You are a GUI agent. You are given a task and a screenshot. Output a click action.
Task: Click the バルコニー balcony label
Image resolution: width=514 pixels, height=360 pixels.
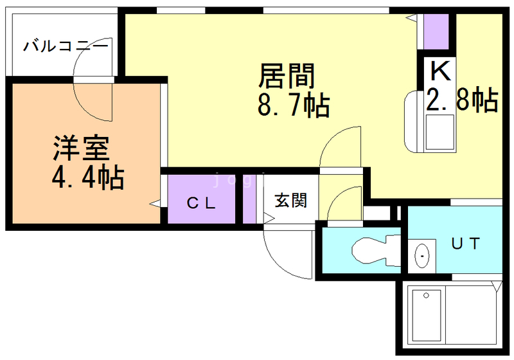pyautogui.click(x=66, y=46)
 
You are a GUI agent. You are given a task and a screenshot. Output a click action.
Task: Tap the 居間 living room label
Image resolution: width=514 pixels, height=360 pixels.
pyautogui.click(x=286, y=76)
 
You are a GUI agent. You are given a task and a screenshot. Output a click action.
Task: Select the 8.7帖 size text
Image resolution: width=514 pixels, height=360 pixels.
pyautogui.click(x=293, y=105)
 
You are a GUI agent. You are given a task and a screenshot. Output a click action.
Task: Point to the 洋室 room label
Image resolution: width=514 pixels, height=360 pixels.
pyautogui.click(x=81, y=148)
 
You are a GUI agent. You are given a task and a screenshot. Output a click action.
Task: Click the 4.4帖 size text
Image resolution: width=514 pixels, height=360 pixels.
pyautogui.click(x=87, y=177)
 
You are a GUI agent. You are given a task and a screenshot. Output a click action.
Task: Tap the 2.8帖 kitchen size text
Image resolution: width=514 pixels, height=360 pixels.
pyautogui.click(x=462, y=100)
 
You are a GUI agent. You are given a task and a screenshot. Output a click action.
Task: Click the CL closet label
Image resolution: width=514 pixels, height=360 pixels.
pyautogui.click(x=201, y=203)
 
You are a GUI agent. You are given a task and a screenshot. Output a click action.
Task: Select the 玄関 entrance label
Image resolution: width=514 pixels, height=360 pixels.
pyautogui.click(x=291, y=200)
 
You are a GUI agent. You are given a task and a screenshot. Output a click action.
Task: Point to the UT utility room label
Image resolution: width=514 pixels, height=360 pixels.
pyautogui.click(x=465, y=243)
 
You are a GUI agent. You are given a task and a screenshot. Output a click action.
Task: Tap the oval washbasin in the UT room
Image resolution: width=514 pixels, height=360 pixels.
pyautogui.click(x=422, y=255)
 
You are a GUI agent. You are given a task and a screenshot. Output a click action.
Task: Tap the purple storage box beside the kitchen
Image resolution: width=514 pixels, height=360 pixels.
pyautogui.click(x=436, y=32)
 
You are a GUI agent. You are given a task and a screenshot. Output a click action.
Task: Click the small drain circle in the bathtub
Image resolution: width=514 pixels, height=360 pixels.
pyautogui.click(x=426, y=296)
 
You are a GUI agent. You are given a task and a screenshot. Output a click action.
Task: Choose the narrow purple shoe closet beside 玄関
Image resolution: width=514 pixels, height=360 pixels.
pyautogui.click(x=249, y=199)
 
